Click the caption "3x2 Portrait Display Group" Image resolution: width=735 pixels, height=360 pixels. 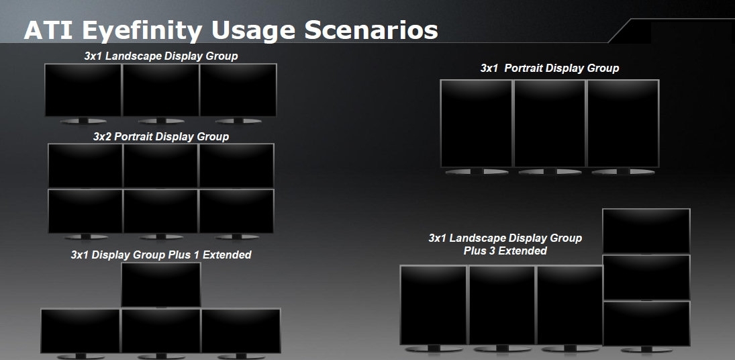click(161, 136)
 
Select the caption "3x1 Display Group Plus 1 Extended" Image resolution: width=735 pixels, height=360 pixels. click(161, 255)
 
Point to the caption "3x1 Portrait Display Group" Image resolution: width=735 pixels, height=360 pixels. click(550, 68)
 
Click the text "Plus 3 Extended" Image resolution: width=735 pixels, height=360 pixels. click(505, 251)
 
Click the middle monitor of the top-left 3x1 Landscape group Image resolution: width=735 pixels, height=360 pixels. click(160, 90)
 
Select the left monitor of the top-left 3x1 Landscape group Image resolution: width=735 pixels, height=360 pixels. click(83, 90)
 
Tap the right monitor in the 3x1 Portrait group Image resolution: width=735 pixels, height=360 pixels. click(622, 123)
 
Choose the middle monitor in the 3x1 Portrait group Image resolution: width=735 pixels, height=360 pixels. click(550, 123)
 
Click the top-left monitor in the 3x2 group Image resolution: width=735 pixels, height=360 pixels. click(85, 165)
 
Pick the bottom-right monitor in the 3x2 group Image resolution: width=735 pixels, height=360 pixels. click(236, 211)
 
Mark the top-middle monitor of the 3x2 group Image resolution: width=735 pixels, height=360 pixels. click(161, 165)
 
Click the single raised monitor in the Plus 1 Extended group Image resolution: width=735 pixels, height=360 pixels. click(161, 284)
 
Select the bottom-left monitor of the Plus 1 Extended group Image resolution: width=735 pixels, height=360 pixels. click(80, 330)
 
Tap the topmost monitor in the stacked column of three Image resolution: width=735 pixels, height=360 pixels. click(646, 231)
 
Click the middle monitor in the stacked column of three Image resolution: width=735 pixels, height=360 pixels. click(646, 277)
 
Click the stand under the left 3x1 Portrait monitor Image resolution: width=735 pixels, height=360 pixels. click(476, 172)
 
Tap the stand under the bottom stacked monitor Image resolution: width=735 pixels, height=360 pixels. click(646, 350)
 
